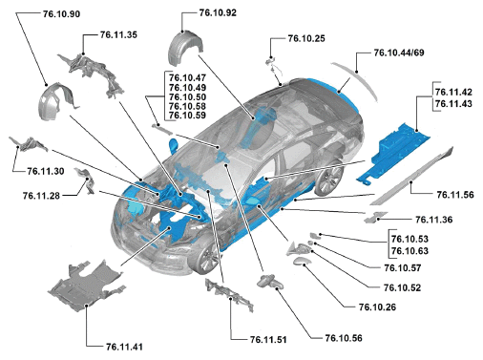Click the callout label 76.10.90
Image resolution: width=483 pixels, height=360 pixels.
tap(61, 14)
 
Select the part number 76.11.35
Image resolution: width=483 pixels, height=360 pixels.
tap(118, 34)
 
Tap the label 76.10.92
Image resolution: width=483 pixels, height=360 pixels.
tap(218, 12)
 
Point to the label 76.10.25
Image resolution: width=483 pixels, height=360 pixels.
tap(306, 38)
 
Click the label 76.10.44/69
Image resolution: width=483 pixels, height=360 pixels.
tap(399, 53)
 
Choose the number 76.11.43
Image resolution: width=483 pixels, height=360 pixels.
tap(453, 104)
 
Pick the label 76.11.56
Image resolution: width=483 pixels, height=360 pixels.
tap(455, 195)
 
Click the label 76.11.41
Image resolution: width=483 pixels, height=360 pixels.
tap(124, 347)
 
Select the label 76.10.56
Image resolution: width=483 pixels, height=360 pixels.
tap(344, 338)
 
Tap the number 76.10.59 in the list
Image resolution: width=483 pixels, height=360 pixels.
tap(187, 116)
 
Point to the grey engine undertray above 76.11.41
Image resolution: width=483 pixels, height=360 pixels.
tap(86, 285)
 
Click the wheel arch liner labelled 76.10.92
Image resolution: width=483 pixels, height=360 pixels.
tap(184, 48)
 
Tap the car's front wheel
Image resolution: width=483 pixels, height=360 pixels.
tap(207, 258)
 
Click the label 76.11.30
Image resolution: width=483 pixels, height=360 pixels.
tap(46, 171)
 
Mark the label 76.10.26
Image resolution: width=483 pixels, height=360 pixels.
tap(378, 307)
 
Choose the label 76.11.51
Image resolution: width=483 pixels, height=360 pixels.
tap(268, 340)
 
